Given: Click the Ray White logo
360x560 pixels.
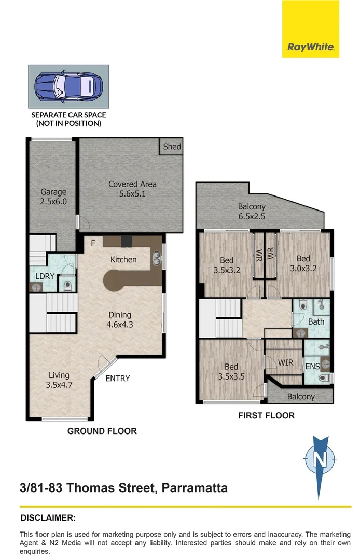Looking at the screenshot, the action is tap(310, 29).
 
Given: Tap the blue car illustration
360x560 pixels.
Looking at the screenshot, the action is tap(68, 87).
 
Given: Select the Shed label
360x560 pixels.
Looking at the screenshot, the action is tap(172, 146).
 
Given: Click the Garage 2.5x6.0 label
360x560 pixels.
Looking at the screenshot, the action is tap(53, 197).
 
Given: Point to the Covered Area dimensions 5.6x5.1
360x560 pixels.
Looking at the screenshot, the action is tap(132, 194).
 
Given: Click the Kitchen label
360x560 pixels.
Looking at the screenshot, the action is tap(123, 260).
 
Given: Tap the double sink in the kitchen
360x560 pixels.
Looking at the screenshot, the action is tap(157, 258).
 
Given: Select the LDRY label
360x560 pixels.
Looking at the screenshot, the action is tap(45, 276).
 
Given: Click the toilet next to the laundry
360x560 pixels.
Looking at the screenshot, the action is tap(67, 285).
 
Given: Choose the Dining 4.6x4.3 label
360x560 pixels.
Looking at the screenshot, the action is tap(120, 319).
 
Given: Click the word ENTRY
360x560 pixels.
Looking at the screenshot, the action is tap(118, 378).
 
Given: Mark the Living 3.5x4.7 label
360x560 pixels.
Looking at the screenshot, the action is tap(59, 380).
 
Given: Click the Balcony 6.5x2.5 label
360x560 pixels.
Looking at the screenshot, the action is tap(252, 212).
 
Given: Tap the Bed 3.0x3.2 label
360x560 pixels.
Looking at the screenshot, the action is tap(303, 263).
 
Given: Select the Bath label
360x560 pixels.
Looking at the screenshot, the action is tap(316, 322).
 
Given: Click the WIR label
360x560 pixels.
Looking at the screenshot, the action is tap(285, 363).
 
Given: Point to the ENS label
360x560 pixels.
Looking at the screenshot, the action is tap(312, 367).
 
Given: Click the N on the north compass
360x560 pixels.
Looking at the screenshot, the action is tap(320, 458).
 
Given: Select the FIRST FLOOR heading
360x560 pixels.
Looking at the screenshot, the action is tap(267, 415).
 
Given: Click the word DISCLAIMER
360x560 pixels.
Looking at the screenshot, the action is tap(48, 518).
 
